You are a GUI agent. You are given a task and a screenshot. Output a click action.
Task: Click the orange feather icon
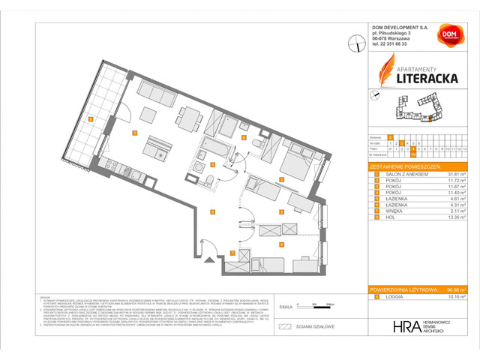pyautogui.click(x=386, y=75)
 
